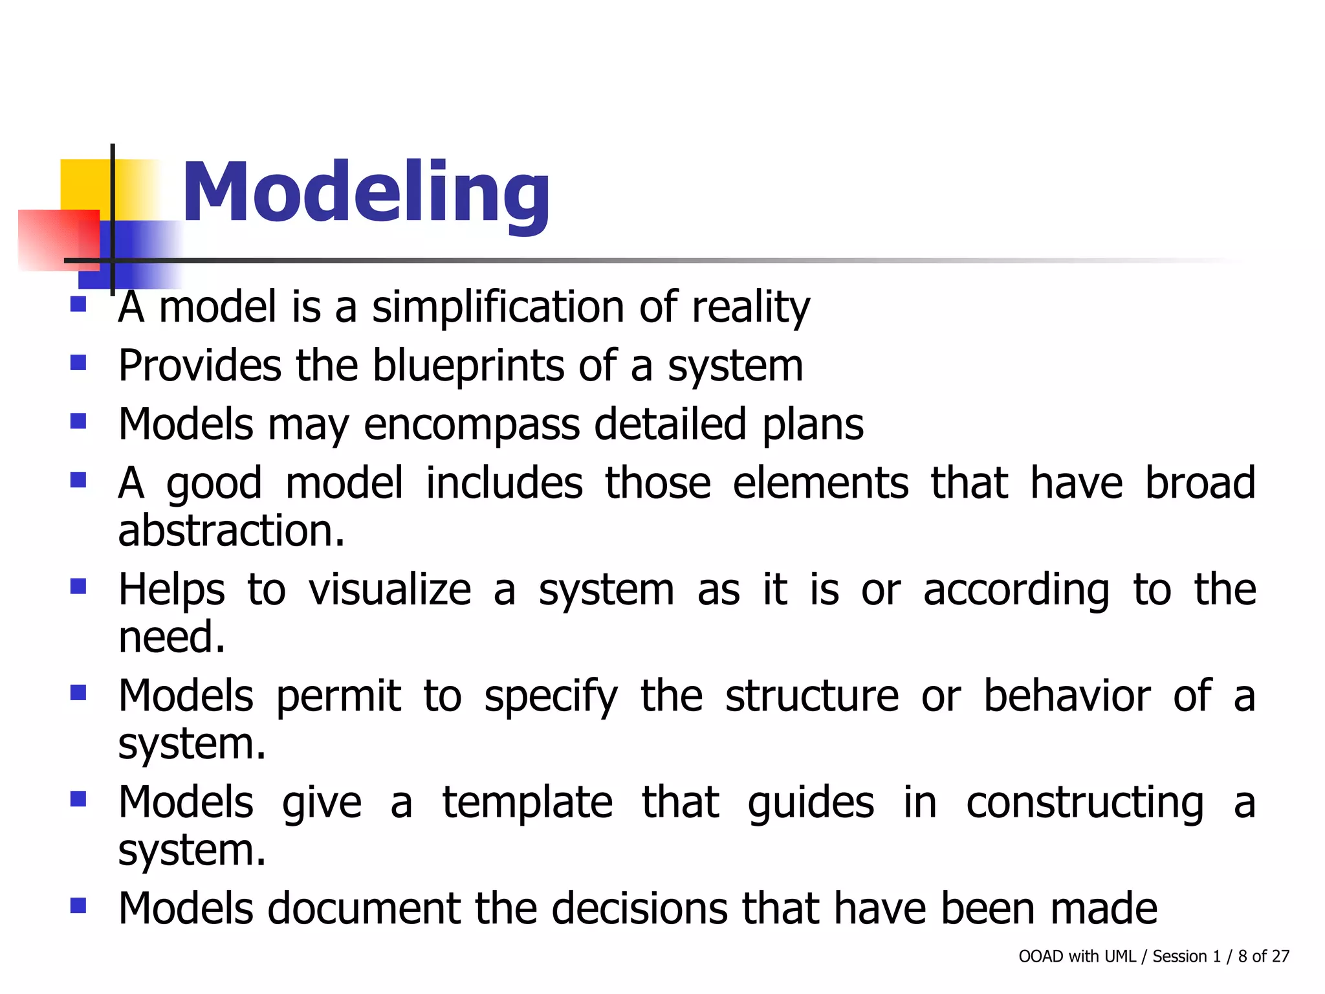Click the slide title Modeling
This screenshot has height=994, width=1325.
366,193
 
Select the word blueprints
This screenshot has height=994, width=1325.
468,366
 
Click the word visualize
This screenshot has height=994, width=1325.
389,590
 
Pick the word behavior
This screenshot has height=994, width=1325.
1067,696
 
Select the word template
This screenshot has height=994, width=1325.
527,803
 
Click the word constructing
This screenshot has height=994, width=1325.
1085,803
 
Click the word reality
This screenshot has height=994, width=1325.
750,307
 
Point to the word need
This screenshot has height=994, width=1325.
171,637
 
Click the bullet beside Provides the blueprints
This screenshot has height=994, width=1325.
78,362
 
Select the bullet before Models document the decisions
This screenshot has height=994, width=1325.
78,905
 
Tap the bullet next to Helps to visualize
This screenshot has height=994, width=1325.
78,586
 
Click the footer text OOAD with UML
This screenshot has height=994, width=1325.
1077,956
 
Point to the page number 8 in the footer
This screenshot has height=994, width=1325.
1242,956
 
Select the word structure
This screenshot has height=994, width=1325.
812,696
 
